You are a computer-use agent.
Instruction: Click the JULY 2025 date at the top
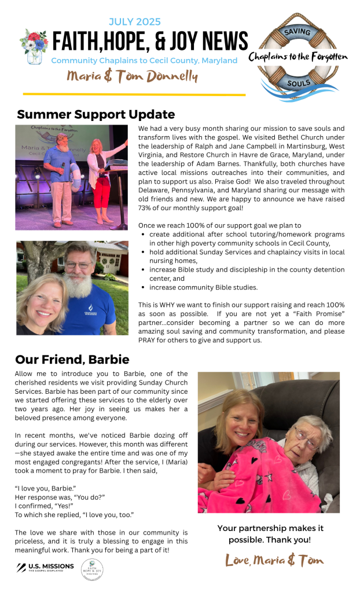pyautogui.click(x=135, y=22)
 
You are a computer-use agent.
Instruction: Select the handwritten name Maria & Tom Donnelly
pyautogui.click(x=132, y=76)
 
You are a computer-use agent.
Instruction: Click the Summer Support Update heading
pyautogui.click(x=95, y=115)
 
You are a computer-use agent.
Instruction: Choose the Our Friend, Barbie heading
pyautogui.click(x=72, y=360)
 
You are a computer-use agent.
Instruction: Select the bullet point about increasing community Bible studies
pyautogui.click(x=203, y=287)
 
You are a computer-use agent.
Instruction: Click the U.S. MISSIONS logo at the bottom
pyautogui.click(x=46, y=567)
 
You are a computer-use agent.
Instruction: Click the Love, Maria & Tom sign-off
pyautogui.click(x=274, y=560)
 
